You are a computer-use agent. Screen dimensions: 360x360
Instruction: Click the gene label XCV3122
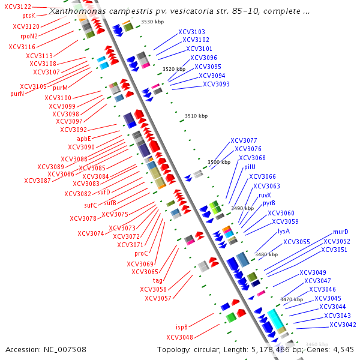18,7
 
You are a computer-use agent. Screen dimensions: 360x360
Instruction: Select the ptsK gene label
28,16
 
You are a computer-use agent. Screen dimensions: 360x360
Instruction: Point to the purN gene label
17,94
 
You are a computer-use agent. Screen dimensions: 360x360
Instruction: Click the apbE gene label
84,139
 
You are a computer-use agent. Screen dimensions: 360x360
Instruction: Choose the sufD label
104,192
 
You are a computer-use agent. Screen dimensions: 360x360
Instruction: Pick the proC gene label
141,253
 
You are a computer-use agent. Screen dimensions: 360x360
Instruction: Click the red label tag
158,280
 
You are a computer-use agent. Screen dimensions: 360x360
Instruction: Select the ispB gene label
182,327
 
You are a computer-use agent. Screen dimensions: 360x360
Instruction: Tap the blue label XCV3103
191,32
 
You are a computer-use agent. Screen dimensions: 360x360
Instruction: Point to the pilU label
250,167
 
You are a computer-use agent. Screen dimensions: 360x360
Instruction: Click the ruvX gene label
265,195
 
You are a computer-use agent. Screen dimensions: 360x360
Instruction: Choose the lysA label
284,231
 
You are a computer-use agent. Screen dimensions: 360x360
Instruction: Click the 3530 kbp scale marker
152,22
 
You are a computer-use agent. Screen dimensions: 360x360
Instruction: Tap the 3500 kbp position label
218,162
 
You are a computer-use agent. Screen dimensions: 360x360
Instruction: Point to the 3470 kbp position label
292,299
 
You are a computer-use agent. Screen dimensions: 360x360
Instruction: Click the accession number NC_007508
46,349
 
